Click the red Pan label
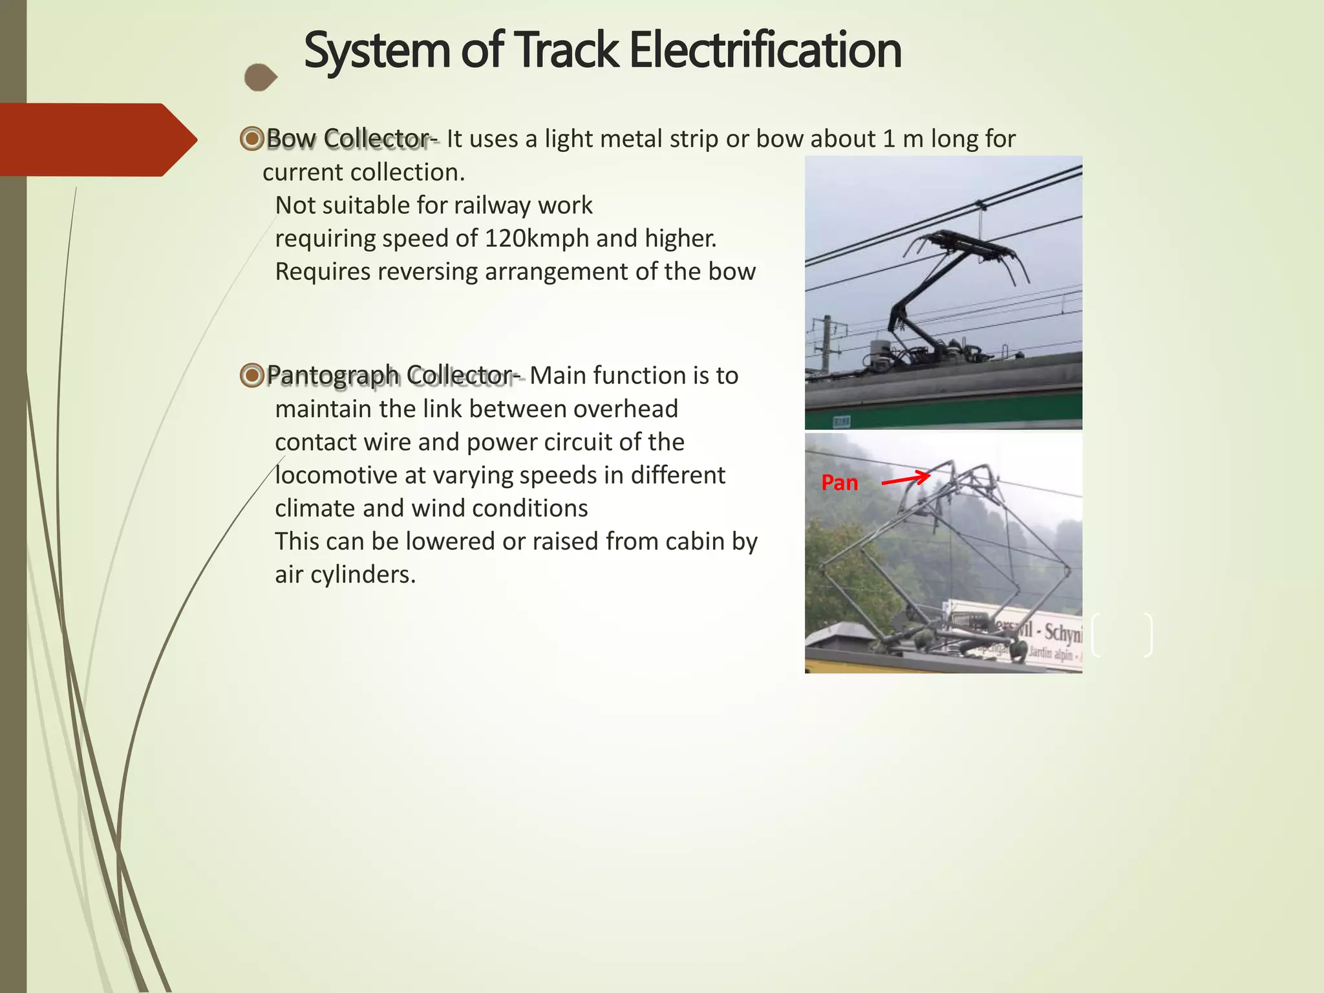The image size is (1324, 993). pyautogui.click(x=839, y=483)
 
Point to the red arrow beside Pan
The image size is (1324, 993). pyautogui.click(x=906, y=480)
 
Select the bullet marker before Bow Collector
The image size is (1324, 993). pyautogui.click(x=251, y=138)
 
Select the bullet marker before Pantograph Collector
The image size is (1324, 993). pyautogui.click(x=251, y=375)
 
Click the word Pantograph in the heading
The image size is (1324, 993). pyautogui.click(x=333, y=375)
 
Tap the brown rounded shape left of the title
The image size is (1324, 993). pyautogui.click(x=261, y=78)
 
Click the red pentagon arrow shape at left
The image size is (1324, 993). pyautogui.click(x=97, y=140)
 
